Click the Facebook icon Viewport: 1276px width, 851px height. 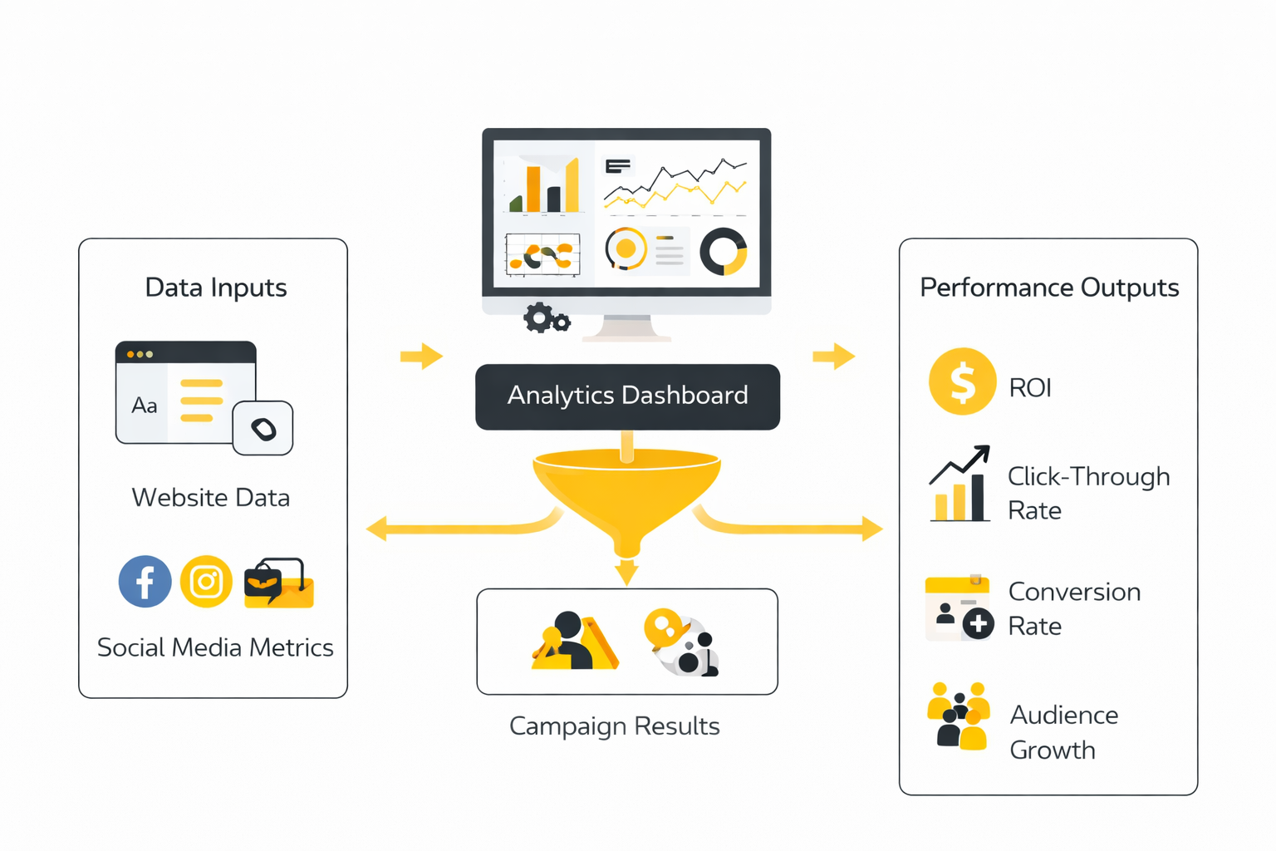145,582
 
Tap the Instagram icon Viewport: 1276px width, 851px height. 206,582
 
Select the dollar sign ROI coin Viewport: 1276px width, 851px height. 962,381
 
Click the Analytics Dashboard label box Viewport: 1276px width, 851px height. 627,396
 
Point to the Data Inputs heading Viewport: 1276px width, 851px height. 216,288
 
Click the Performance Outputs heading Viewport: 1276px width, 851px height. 1049,288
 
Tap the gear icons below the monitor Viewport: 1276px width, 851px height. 546,318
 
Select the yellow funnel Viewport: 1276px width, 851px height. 626,494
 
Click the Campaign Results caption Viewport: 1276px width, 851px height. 615,726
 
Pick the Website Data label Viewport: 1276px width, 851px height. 211,498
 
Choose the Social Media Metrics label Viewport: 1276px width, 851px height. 215,647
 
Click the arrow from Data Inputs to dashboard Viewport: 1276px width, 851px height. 421,357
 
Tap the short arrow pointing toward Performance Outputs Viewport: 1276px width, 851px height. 833,357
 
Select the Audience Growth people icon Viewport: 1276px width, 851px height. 959,716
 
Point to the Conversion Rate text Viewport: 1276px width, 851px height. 1074,608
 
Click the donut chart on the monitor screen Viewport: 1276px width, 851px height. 724,252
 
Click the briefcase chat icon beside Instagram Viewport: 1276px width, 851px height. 278,583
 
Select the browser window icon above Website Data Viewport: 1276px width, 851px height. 186,392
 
